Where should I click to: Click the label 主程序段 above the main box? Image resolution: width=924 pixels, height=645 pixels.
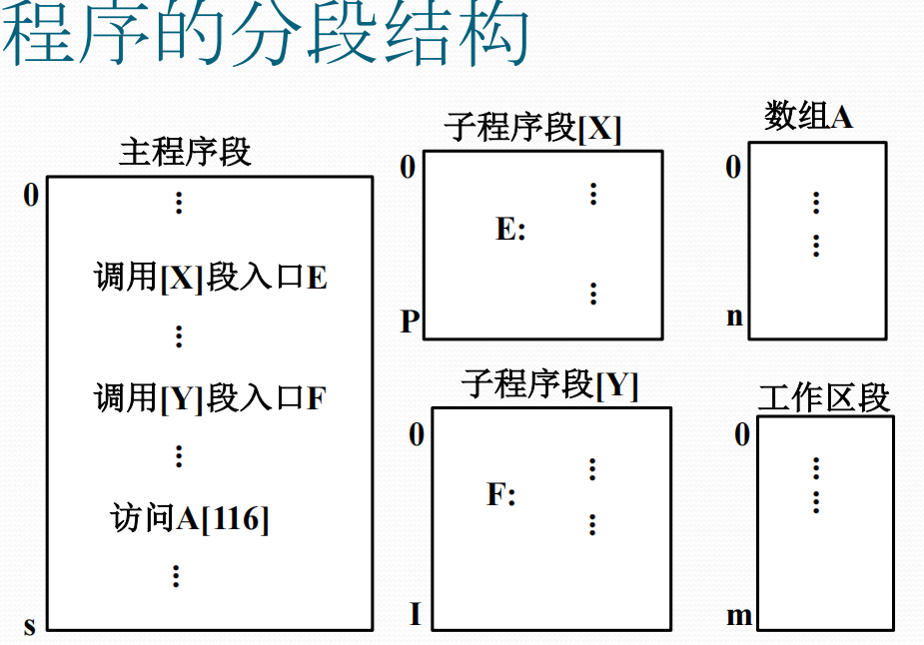[185, 152]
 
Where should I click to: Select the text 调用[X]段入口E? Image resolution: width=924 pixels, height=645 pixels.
[211, 277]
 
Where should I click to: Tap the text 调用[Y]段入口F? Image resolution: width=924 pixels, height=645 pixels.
[211, 398]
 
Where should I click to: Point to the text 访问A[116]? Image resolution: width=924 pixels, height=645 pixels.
[190, 518]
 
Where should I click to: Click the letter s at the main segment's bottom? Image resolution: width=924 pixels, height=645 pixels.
[30, 626]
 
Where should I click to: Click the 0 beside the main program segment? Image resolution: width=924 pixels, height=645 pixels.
[31, 196]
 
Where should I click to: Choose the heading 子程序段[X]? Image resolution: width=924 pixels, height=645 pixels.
[532, 128]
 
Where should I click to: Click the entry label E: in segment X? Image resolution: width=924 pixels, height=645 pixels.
[510, 230]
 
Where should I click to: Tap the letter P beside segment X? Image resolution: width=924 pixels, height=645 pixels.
[410, 322]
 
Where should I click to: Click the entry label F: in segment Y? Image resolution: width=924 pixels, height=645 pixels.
[500, 494]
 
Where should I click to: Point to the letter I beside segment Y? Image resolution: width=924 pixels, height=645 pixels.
[416, 614]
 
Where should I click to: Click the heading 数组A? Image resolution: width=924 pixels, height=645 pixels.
[808, 117]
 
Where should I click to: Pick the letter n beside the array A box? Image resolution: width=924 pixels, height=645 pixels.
[735, 318]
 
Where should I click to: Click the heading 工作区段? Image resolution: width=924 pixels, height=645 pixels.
[823, 397]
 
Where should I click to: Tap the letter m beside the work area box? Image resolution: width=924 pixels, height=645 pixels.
[739, 616]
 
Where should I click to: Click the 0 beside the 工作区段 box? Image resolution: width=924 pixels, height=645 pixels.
[742, 435]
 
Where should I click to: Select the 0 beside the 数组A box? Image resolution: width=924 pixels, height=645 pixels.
[733, 168]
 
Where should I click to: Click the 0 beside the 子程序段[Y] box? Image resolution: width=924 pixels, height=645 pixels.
[417, 434]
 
